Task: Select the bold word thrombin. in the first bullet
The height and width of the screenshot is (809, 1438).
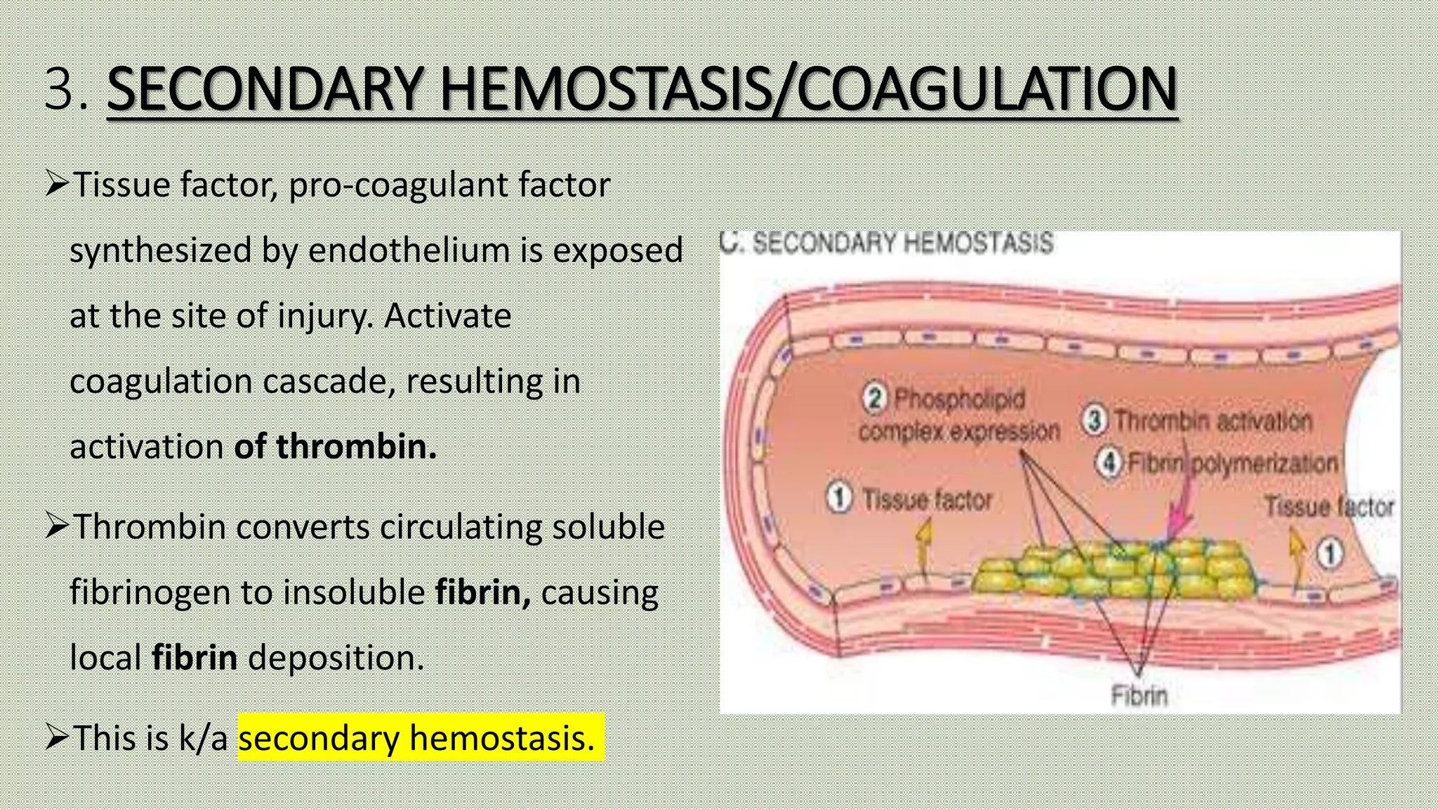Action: click(x=357, y=447)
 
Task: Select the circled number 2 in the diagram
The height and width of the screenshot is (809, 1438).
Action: click(x=874, y=398)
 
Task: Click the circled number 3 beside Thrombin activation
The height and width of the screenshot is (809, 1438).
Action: click(x=1094, y=420)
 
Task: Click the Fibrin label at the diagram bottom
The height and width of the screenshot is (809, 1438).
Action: click(x=1139, y=695)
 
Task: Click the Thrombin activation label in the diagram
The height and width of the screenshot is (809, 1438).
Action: click(x=1213, y=421)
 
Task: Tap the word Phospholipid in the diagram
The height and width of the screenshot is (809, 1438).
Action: click(x=959, y=399)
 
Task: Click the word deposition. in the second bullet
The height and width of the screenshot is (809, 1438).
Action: click(x=336, y=658)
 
